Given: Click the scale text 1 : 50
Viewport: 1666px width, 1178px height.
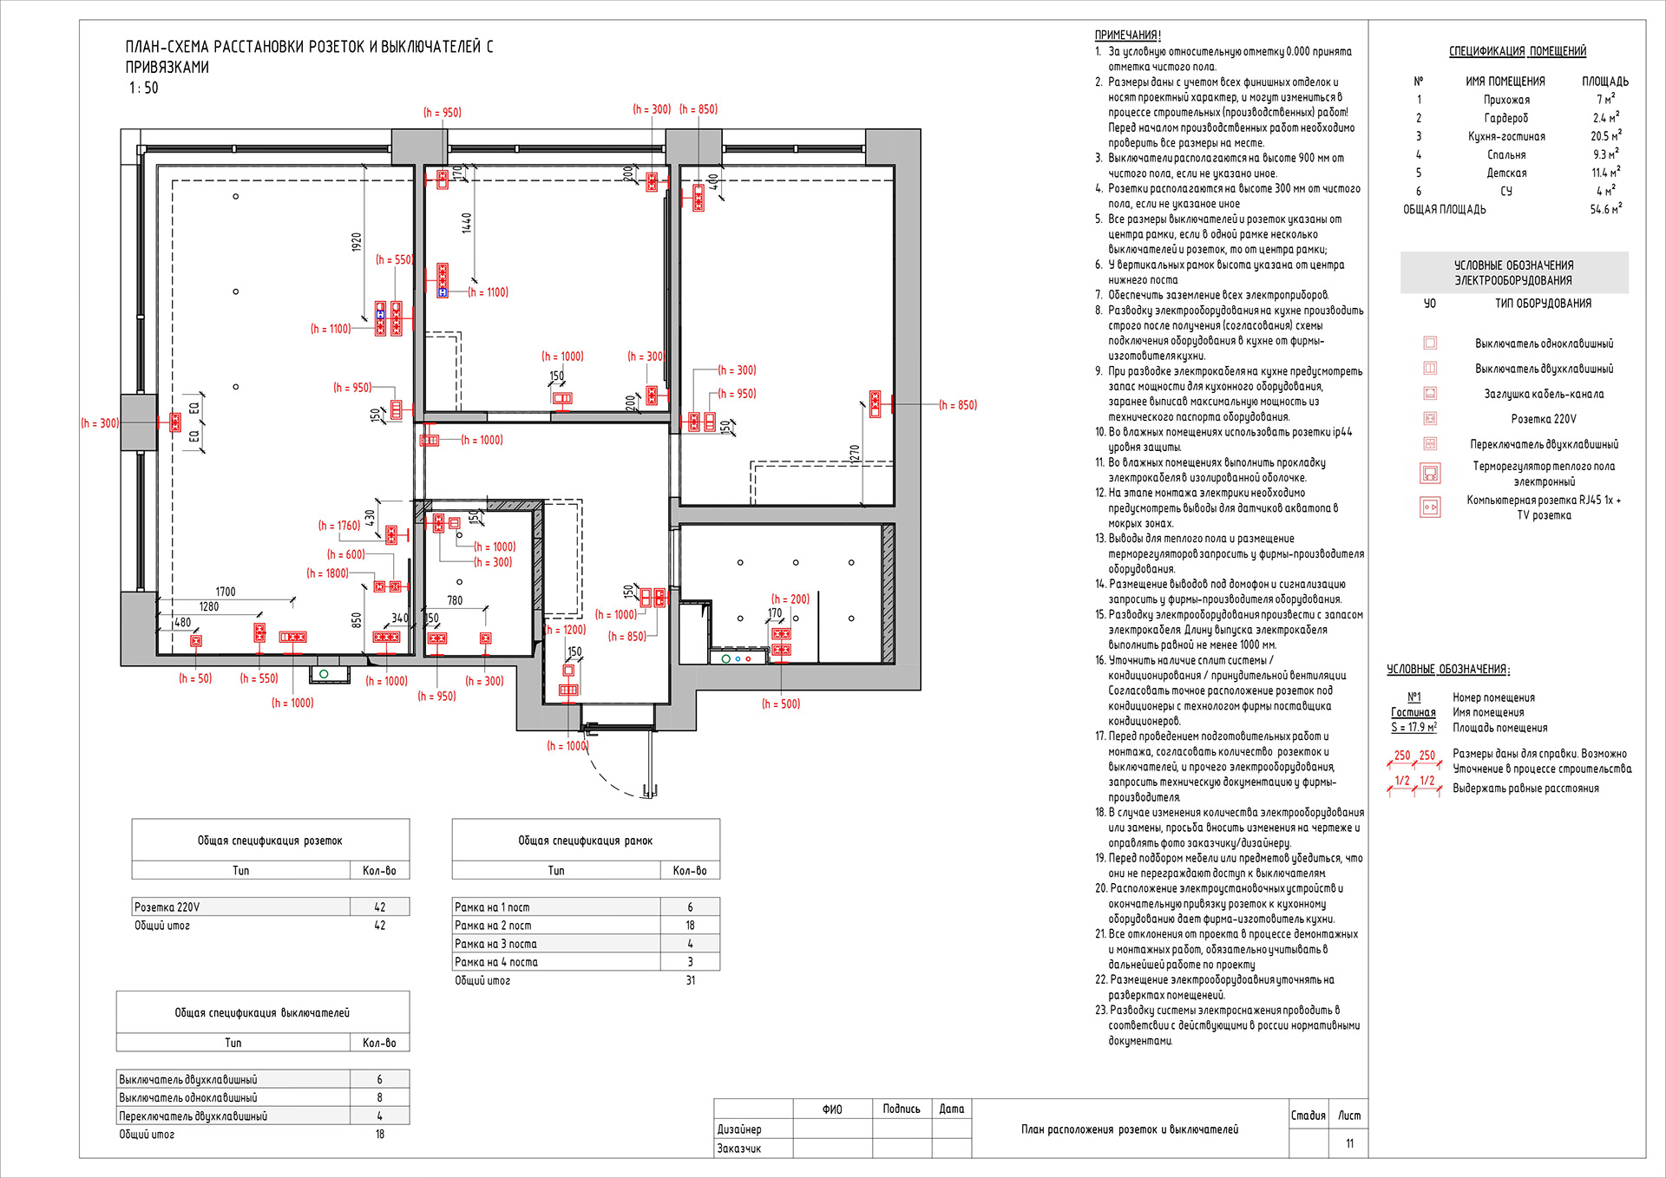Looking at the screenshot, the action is [x=144, y=88].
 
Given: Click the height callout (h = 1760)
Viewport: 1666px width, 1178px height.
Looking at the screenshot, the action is [x=339, y=526].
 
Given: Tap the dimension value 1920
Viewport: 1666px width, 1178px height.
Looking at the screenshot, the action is [x=356, y=242].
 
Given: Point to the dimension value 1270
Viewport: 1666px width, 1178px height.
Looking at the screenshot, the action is [x=855, y=454].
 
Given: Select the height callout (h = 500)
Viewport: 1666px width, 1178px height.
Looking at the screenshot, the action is [x=781, y=704].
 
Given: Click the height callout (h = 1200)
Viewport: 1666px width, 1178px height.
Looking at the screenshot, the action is [x=566, y=630].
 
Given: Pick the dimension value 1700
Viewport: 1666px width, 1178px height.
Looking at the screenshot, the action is [x=226, y=592].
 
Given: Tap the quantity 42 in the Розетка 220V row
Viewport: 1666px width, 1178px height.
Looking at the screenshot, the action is [x=379, y=907].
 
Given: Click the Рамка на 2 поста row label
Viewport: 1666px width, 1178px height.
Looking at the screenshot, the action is [x=493, y=926].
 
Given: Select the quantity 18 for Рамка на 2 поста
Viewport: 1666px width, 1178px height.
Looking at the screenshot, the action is [x=691, y=926].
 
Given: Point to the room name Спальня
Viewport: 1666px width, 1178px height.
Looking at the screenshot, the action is [x=1506, y=154].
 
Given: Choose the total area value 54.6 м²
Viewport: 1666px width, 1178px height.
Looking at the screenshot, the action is [x=1605, y=208].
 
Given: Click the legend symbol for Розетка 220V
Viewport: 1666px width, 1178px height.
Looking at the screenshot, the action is [x=1430, y=419].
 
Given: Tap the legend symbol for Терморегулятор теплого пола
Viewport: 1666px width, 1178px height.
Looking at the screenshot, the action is [x=1430, y=474].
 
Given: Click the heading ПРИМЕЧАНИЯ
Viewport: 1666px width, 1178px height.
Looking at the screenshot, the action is [x=1127, y=36].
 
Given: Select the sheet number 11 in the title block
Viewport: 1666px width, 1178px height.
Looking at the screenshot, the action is [x=1349, y=1143].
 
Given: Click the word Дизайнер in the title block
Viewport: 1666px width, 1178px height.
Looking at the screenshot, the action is [x=739, y=1129].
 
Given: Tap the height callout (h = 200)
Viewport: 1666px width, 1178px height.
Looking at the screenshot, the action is [x=790, y=599].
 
